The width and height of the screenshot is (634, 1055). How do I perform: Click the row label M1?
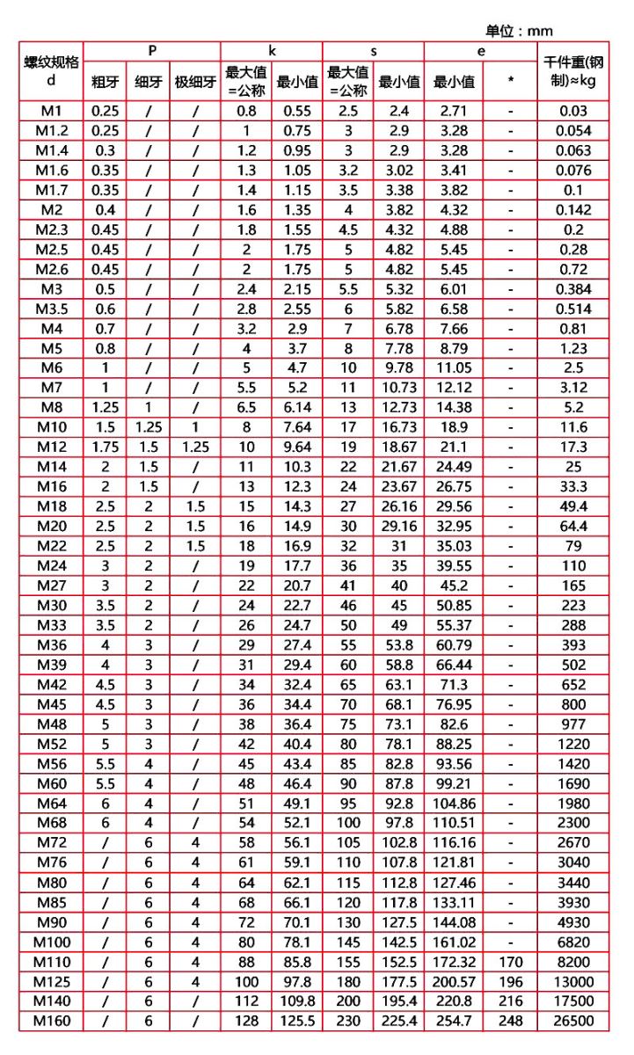(x=51, y=111)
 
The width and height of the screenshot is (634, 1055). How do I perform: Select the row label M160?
(x=51, y=1021)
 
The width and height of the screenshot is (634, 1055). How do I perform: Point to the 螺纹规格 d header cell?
(x=51, y=71)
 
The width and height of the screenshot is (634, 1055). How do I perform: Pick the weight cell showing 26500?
(x=572, y=1021)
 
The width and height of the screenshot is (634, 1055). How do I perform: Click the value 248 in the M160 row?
(x=511, y=1021)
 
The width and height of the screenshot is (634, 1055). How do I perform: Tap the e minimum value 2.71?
(x=453, y=111)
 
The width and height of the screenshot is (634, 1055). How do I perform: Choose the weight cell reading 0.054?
(x=572, y=131)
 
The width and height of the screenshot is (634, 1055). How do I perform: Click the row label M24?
(x=51, y=565)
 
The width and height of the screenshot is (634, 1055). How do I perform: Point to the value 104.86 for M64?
(x=453, y=803)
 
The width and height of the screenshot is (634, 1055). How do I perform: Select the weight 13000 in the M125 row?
(x=572, y=981)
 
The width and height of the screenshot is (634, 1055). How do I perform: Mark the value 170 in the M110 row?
(x=511, y=961)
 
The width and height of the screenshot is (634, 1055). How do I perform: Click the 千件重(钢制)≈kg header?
(x=572, y=71)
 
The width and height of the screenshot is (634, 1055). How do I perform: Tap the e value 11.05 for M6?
(x=453, y=367)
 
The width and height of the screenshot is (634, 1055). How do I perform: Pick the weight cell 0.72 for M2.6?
(x=572, y=269)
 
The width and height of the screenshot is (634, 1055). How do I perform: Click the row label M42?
(x=51, y=684)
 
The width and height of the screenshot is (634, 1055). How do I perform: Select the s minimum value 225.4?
(x=398, y=1021)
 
